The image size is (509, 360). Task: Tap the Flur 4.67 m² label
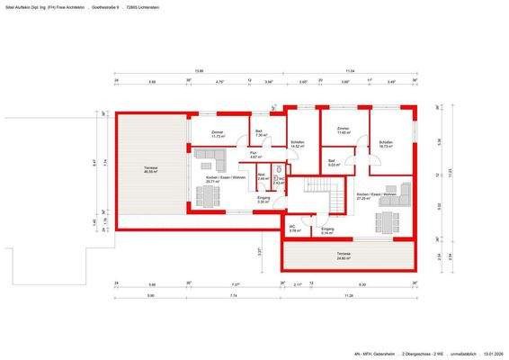coord(254,155)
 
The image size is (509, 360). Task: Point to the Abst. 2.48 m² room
coord(262,176)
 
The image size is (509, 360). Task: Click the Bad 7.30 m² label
coord(259,133)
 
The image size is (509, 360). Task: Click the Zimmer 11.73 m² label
coord(217,134)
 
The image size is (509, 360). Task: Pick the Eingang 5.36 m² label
coord(263,199)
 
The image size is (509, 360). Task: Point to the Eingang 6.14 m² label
coord(327,231)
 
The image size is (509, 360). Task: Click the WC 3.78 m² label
coord(294,229)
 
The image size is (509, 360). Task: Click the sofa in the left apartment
coord(212,161)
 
